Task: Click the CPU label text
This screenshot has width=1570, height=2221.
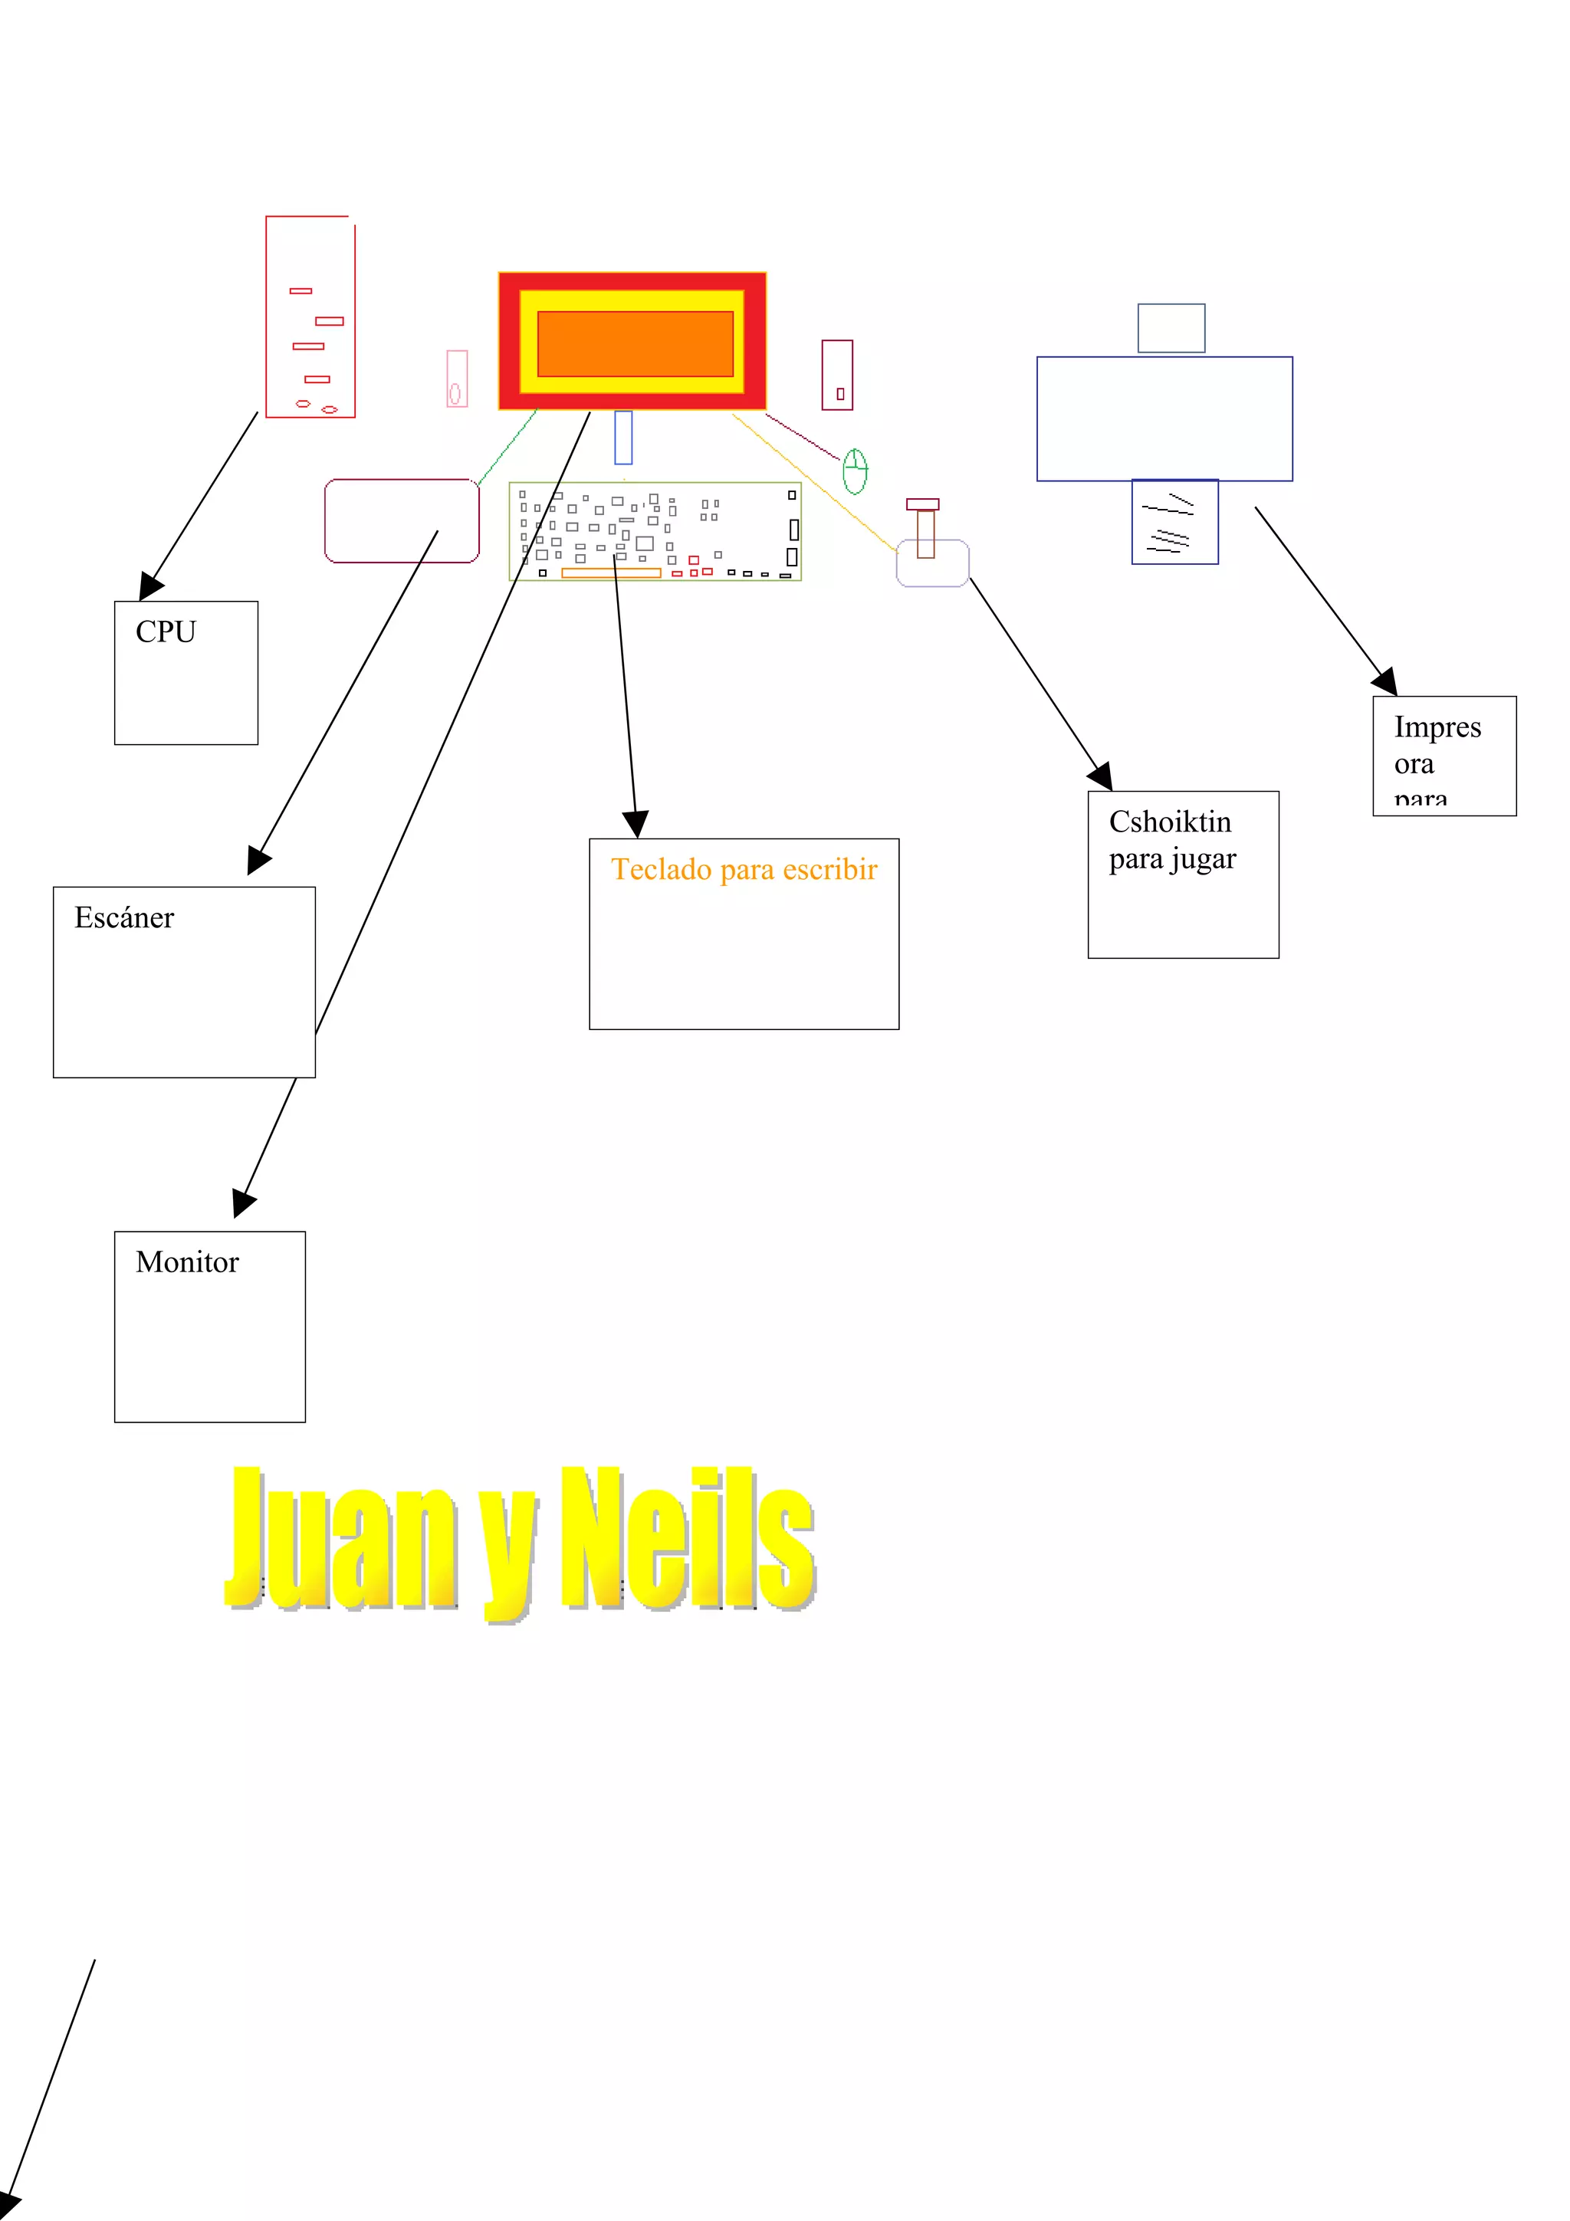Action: tap(166, 632)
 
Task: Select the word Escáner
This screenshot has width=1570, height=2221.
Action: tap(124, 917)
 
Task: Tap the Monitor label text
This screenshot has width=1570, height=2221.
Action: tap(187, 1261)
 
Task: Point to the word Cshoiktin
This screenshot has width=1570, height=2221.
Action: tap(1170, 822)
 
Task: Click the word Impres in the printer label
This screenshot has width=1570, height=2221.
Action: tap(1437, 727)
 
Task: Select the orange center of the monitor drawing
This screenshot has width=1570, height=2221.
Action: tap(635, 343)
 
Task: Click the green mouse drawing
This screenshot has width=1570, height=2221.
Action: tap(854, 471)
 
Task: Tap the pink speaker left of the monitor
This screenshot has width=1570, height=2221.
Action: tap(457, 379)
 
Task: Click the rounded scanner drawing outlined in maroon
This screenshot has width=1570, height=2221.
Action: tap(402, 520)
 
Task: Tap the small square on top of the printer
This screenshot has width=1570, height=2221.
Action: tap(1171, 328)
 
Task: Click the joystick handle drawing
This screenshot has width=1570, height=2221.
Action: tap(925, 530)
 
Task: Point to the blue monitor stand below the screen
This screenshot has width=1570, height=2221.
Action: tap(623, 438)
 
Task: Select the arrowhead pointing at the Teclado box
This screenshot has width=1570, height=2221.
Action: tap(635, 823)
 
